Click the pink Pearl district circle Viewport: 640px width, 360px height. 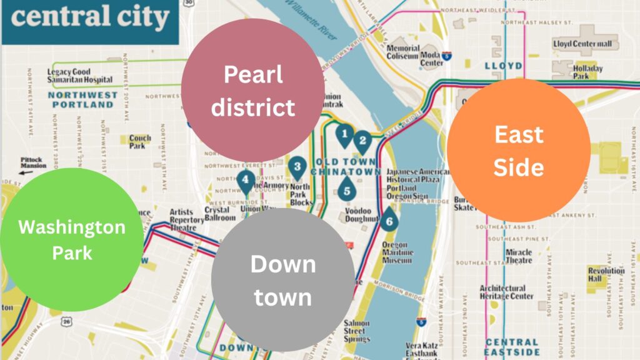click(x=252, y=90)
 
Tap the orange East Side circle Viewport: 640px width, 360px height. click(x=519, y=150)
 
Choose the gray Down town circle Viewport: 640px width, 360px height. click(x=282, y=280)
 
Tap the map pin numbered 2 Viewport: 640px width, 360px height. click(x=361, y=141)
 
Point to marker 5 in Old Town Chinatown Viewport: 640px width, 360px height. click(x=347, y=190)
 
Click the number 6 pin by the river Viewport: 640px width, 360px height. click(x=389, y=220)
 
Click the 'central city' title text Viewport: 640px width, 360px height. click(x=90, y=17)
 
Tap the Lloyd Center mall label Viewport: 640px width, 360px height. click(x=586, y=44)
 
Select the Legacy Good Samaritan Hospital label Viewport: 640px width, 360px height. click(x=80, y=76)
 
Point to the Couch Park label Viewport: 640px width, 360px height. click(x=140, y=142)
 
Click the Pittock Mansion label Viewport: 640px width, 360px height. click(x=33, y=162)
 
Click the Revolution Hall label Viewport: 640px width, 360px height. click(x=606, y=274)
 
